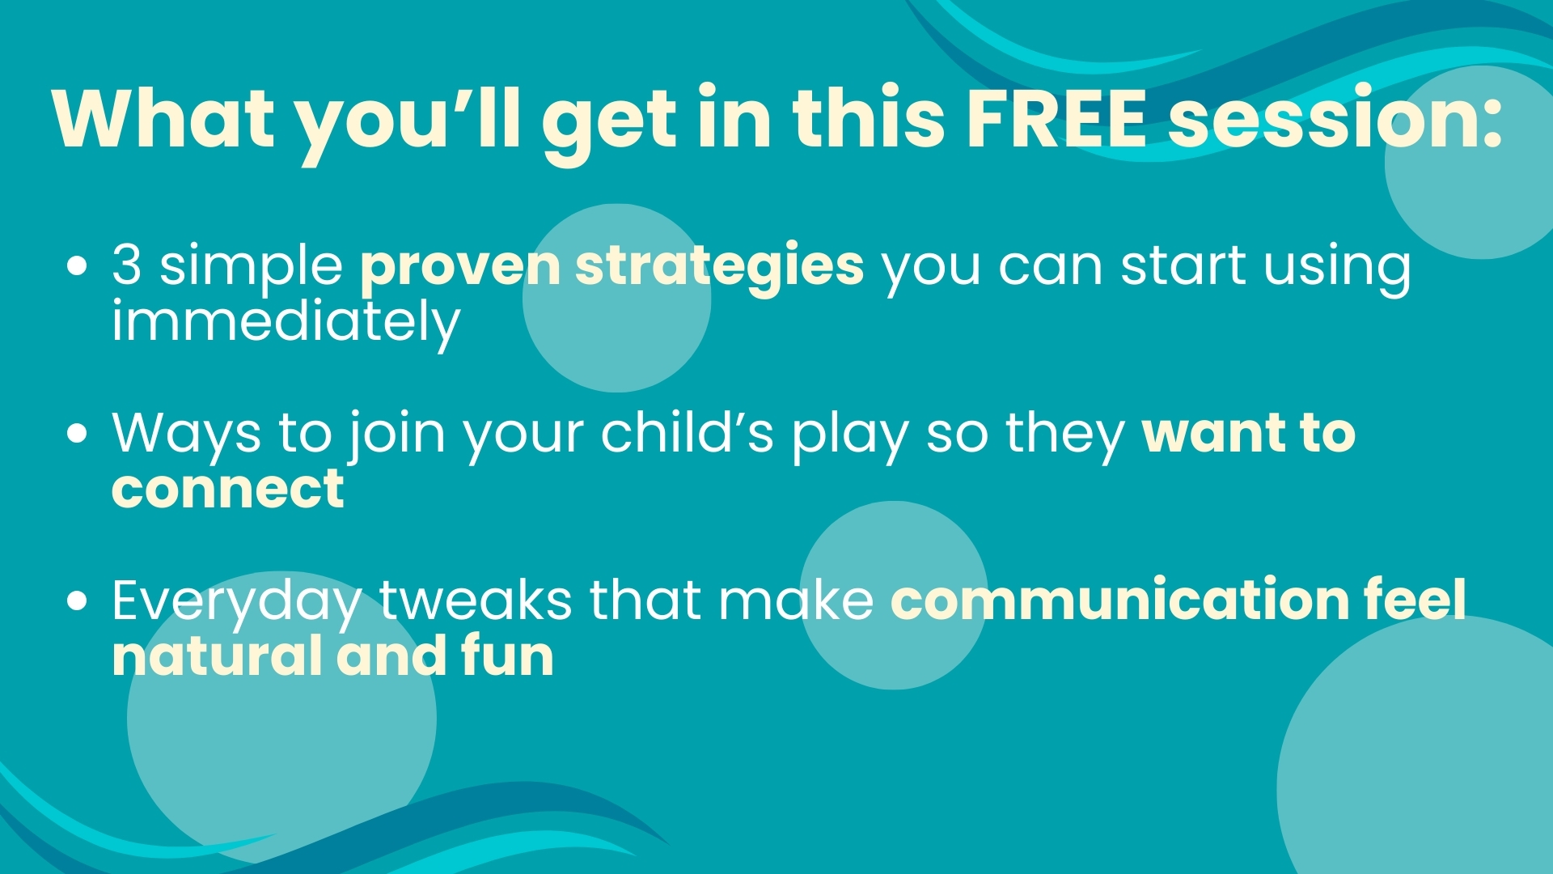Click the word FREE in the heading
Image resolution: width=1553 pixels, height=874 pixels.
[x=1057, y=119]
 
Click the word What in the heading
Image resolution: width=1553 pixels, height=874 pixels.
[x=164, y=118]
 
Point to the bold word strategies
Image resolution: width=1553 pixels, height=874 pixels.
[x=719, y=266]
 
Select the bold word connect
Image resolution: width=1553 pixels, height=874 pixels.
[x=228, y=490]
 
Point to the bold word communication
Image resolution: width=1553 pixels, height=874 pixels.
[x=1119, y=599]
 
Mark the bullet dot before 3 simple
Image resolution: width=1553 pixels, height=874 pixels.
[x=78, y=267]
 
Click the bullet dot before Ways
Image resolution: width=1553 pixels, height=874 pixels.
[x=78, y=434]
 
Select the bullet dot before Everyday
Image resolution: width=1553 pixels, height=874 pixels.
[x=78, y=601]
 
